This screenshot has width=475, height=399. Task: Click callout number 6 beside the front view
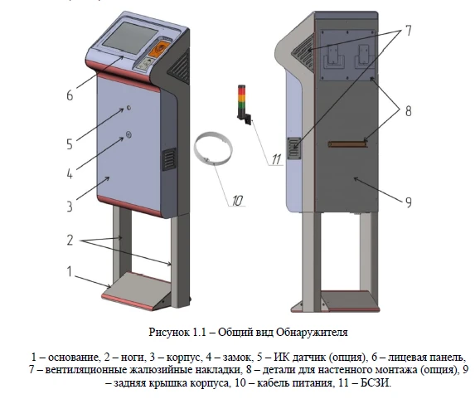(70, 95)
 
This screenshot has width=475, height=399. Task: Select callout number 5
(70, 143)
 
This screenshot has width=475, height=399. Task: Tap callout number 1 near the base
(70, 271)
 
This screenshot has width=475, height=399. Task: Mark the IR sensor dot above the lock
(128, 109)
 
